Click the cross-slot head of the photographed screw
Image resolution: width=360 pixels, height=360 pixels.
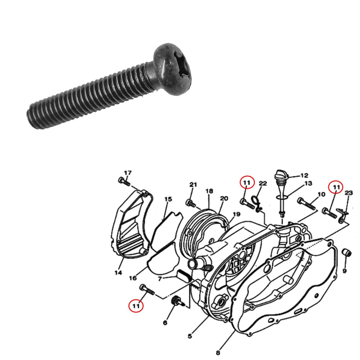[x=172, y=69]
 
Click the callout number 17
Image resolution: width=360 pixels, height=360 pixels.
[x=128, y=173]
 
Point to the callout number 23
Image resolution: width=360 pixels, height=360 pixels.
[x=348, y=193]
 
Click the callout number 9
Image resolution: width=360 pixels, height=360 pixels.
[x=345, y=271]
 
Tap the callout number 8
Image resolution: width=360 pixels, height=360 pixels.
[x=218, y=352]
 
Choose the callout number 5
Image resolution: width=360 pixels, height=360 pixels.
[x=190, y=336]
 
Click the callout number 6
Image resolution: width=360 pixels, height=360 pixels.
[x=165, y=323]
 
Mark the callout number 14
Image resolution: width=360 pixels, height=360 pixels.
[x=118, y=273]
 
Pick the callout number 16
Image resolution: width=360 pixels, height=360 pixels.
[x=133, y=278]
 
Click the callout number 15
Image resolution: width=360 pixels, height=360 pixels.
[x=168, y=199]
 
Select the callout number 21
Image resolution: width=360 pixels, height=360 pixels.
[x=193, y=185]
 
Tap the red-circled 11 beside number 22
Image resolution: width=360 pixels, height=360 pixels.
[x=247, y=183]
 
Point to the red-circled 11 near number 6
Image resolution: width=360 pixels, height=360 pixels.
[x=136, y=306]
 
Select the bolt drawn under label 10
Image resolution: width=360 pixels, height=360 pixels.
[x=307, y=204]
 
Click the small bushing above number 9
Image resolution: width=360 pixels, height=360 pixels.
[x=346, y=253]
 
